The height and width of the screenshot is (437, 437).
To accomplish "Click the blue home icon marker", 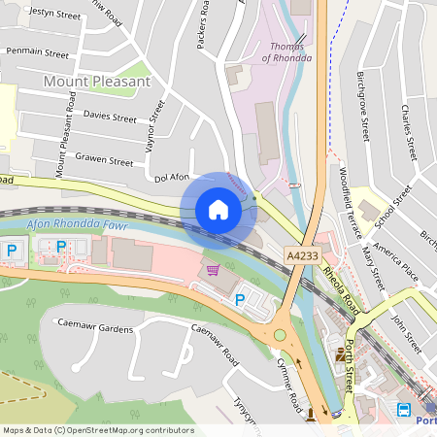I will click(x=218, y=210).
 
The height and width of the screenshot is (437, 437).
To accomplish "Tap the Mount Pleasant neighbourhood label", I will click(x=97, y=82).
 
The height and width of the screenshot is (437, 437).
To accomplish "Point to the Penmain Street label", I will click(x=37, y=52).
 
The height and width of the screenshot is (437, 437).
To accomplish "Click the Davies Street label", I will click(x=109, y=117).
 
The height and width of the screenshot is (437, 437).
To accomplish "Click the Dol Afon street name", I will click(x=172, y=177).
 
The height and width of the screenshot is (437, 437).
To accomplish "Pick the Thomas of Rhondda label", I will click(x=287, y=51).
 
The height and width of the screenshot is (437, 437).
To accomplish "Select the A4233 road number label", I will click(x=301, y=253).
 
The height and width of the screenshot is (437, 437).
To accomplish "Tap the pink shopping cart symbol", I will click(x=213, y=269).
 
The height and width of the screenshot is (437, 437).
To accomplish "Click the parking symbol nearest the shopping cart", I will click(x=239, y=300).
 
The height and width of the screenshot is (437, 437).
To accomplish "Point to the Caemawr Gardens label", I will click(x=94, y=328).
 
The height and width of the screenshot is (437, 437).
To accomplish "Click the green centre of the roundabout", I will click(x=281, y=335).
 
